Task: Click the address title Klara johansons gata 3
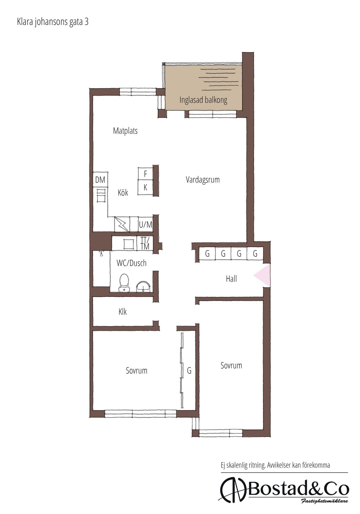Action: tap(53, 22)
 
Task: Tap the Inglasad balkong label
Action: tap(203, 100)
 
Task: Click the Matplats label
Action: tap(125, 131)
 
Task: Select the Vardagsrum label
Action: tap(203, 179)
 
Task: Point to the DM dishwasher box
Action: tap(100, 179)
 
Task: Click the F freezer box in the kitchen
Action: tap(145, 174)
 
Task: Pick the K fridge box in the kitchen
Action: tap(145, 187)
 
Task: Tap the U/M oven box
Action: tap(145, 224)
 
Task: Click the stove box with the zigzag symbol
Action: tap(122, 224)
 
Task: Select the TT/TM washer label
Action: tap(145, 243)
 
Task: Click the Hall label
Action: tap(231, 279)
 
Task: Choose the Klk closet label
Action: tap(123, 312)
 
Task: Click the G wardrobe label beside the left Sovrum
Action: tap(189, 371)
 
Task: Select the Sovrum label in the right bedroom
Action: tap(231, 365)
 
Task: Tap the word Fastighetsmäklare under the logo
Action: tap(324, 501)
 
